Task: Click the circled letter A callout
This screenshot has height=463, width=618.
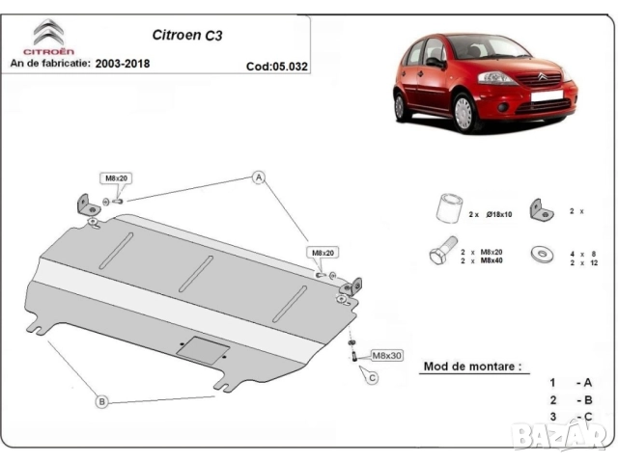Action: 258,177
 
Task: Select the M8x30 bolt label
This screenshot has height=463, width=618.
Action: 387,355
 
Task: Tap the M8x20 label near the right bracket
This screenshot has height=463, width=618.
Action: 322,253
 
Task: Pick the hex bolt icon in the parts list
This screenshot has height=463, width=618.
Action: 441,254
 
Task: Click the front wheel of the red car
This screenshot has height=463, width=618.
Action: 464,113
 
